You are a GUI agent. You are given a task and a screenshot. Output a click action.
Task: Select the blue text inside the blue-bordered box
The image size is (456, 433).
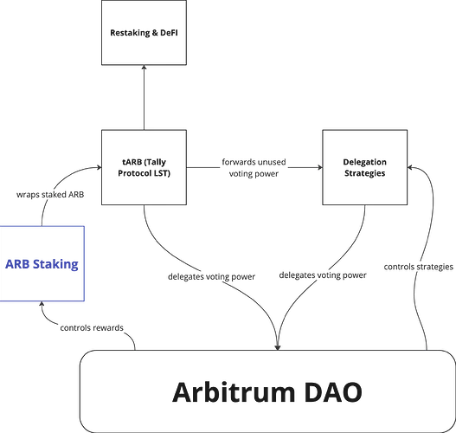(42, 263)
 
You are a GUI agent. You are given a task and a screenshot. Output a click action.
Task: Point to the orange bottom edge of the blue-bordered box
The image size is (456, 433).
(42, 299)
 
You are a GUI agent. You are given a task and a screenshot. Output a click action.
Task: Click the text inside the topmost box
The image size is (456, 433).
(143, 34)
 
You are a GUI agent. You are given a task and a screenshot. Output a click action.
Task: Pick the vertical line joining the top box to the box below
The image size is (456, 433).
(143, 98)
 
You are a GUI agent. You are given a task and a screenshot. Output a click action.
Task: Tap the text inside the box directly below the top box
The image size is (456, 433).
(143, 166)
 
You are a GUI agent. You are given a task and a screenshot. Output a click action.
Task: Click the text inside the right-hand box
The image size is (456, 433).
(363, 166)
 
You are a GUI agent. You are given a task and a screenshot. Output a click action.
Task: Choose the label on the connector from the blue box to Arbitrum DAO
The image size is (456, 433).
(87, 326)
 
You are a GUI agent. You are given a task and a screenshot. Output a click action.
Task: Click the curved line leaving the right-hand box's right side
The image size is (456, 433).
(427, 199)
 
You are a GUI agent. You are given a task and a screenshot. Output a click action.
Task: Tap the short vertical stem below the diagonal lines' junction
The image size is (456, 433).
(278, 337)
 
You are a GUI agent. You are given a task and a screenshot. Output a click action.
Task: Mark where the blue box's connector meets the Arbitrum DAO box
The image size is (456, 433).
(137, 350)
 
